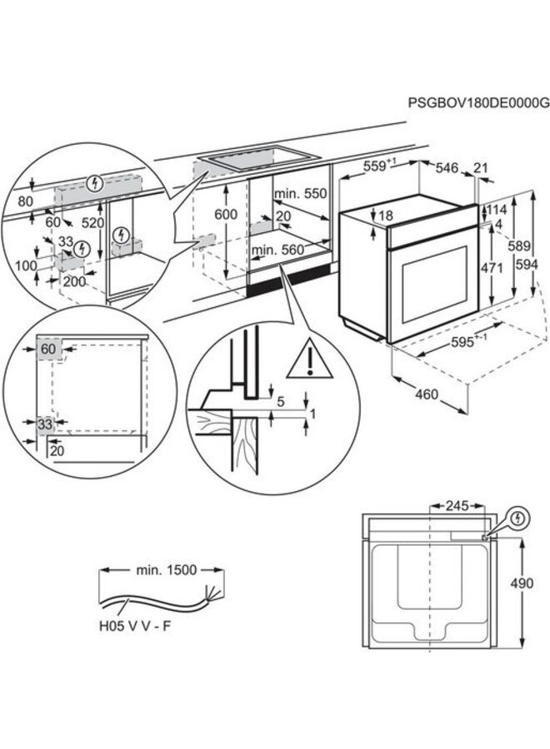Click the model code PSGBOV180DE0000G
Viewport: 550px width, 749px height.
(478, 102)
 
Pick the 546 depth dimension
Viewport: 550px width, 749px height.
(448, 169)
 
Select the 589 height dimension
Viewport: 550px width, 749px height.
(520, 246)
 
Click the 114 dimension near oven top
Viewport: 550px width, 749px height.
(497, 210)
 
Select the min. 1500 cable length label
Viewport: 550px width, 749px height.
(166, 570)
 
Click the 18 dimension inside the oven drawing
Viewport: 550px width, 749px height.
(385, 216)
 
